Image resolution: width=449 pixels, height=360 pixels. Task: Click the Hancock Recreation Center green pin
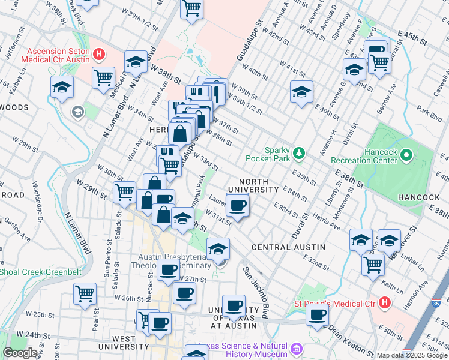coord(406,156)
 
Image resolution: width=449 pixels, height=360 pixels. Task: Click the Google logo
coord(20,353)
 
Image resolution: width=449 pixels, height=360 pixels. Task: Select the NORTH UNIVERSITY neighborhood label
coord(259,185)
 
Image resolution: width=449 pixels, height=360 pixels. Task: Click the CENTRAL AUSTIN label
coord(288,247)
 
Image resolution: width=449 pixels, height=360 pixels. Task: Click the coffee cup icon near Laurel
coord(237,206)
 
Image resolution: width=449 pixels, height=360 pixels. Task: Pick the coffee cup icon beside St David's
coord(318,314)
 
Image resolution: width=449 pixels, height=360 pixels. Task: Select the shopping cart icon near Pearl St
coord(85,293)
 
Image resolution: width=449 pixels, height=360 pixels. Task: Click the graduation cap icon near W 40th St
coord(301,92)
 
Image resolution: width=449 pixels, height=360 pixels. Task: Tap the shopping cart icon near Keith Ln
coord(373,263)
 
